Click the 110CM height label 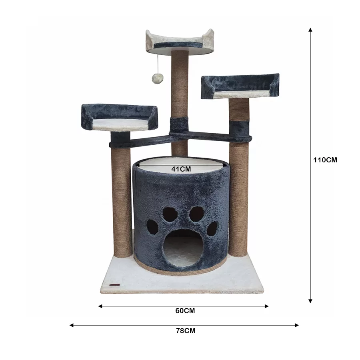pyautogui.click(x=325, y=160)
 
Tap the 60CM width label pyautogui.click(x=185, y=311)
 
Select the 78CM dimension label pyautogui.click(x=186, y=331)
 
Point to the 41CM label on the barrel pyautogui.click(x=181, y=169)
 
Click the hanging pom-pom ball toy pyautogui.click(x=158, y=78)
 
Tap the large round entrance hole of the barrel pyautogui.click(x=183, y=248)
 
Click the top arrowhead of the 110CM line pyautogui.click(x=310, y=30)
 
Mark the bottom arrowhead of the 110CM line pyautogui.click(x=310, y=301)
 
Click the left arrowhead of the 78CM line pyautogui.click(x=72, y=325)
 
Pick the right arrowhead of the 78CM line pyautogui.click(x=297, y=325)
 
